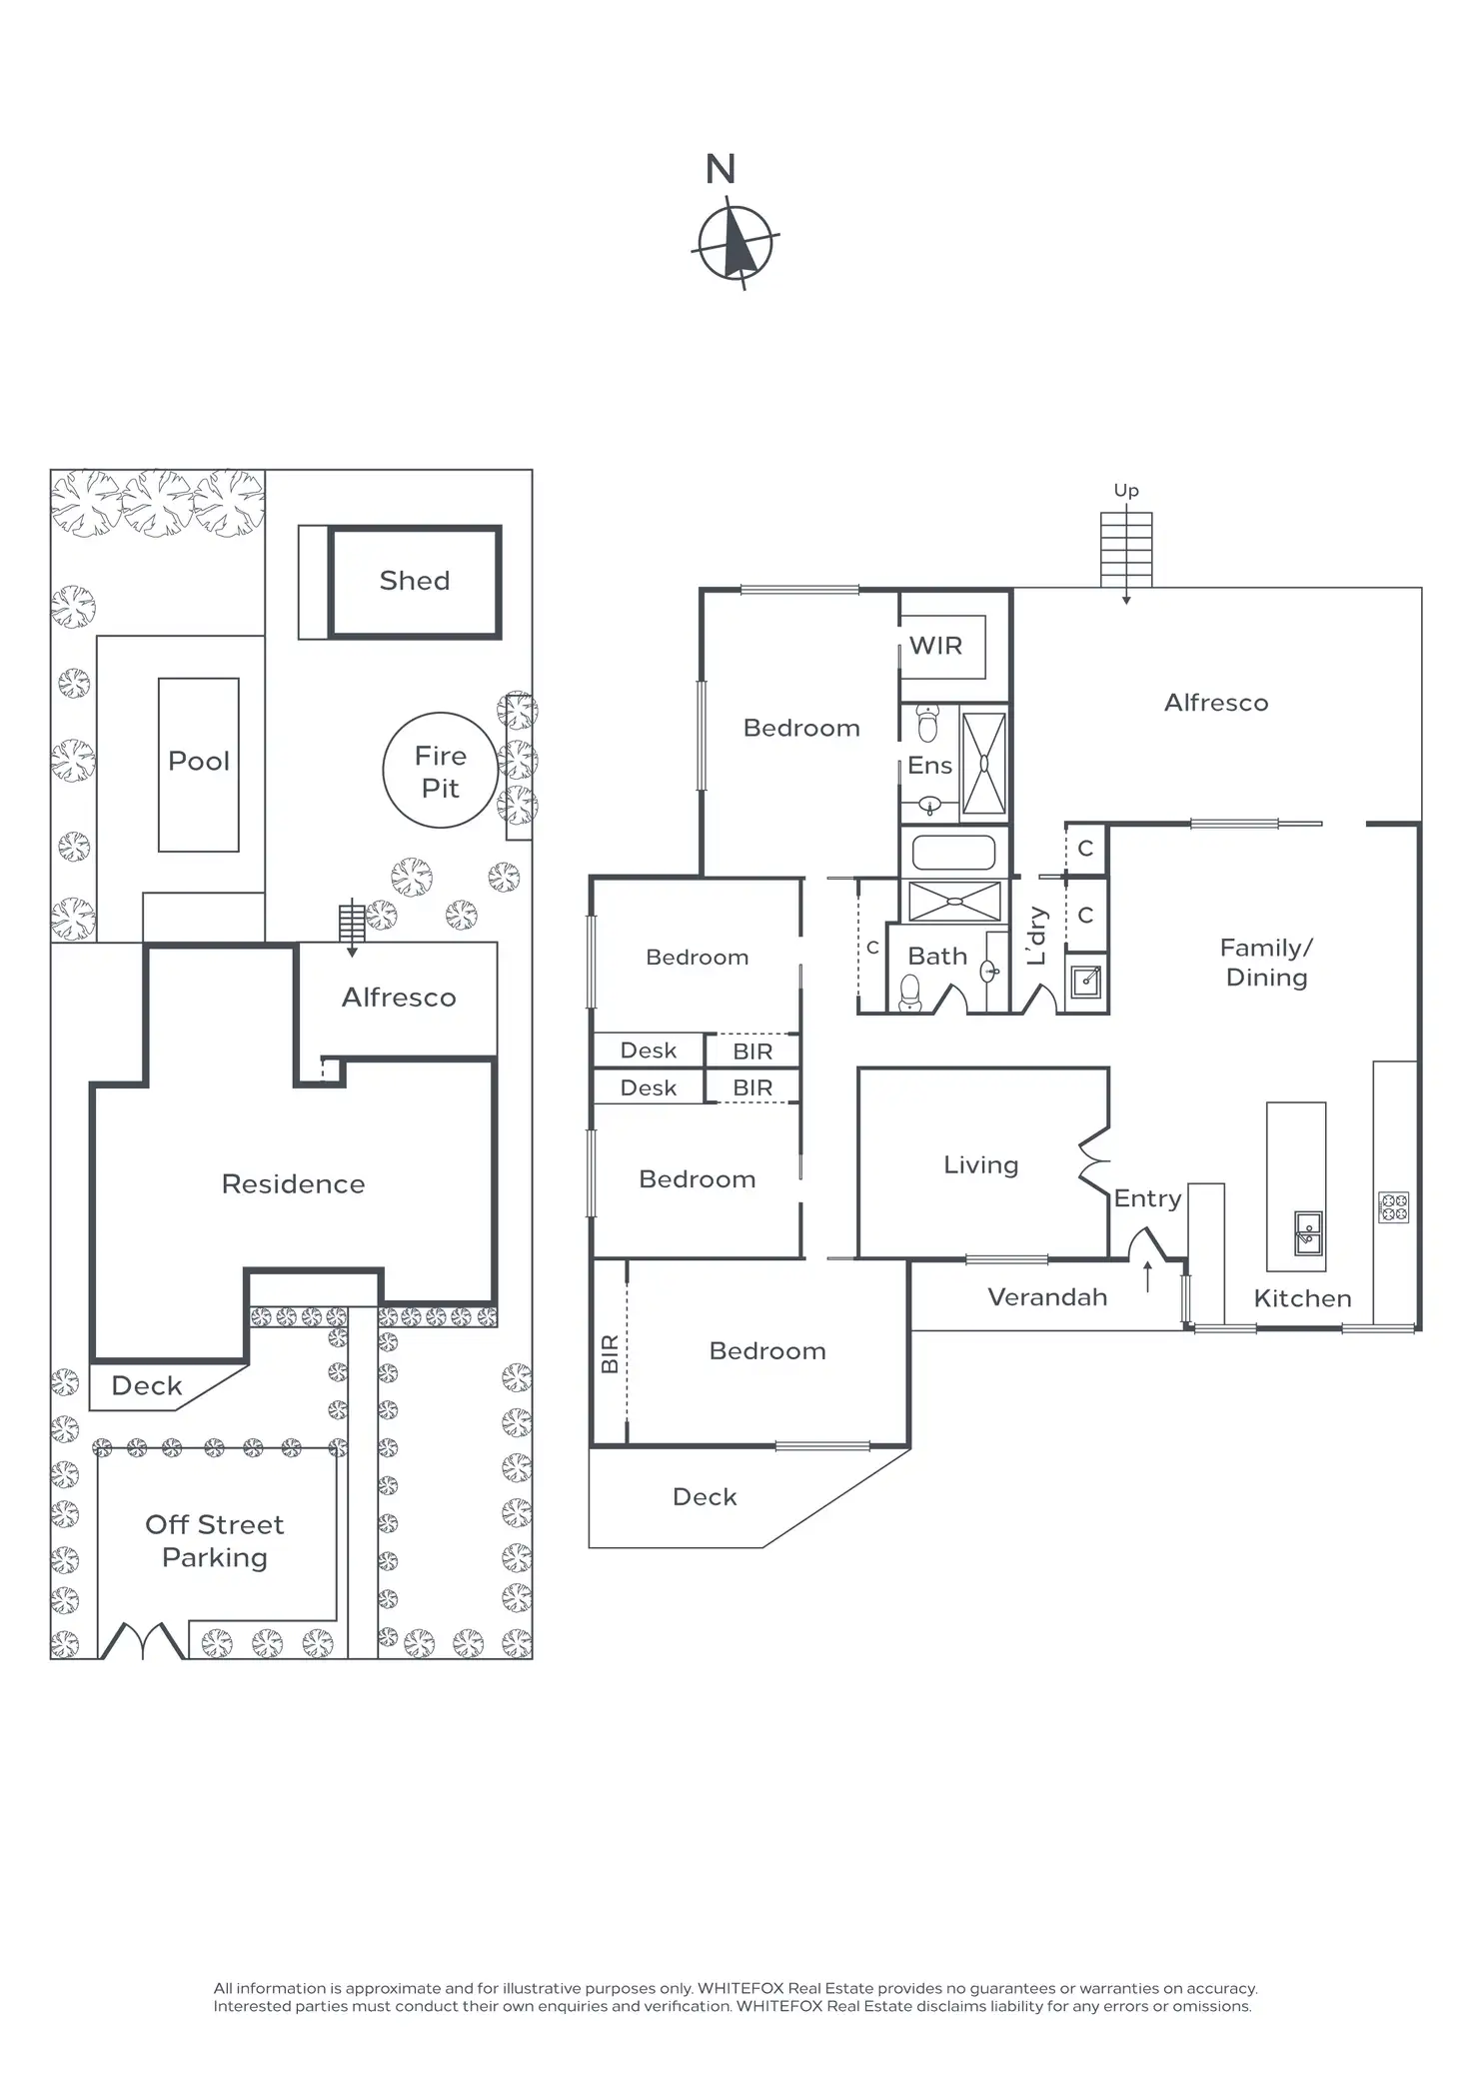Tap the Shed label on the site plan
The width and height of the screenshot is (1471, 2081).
(414, 581)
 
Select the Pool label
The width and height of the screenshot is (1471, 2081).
(199, 761)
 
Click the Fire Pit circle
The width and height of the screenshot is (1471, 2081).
(440, 771)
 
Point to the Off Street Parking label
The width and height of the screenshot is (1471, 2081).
(215, 1540)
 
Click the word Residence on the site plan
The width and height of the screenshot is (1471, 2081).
(293, 1184)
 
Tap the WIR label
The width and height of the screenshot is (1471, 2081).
(935, 646)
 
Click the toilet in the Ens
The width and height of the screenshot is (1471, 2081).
(928, 724)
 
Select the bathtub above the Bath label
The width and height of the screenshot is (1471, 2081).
(954, 853)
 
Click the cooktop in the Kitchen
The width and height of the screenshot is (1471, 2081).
(1393, 1207)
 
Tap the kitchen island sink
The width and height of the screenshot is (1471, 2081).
(1307, 1232)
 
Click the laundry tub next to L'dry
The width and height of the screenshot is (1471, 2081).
(1085, 982)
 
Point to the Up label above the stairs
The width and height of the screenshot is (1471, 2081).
(1126, 491)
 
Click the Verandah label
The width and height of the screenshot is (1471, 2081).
(1047, 1297)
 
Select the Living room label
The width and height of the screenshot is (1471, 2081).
(981, 1165)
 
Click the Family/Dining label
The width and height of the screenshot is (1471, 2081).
(1266, 963)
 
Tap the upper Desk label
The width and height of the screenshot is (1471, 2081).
(649, 1050)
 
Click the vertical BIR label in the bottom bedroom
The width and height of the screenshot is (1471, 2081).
(610, 1353)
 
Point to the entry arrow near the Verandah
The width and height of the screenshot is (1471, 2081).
(1147, 1276)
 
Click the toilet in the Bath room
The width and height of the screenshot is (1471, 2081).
(909, 993)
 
